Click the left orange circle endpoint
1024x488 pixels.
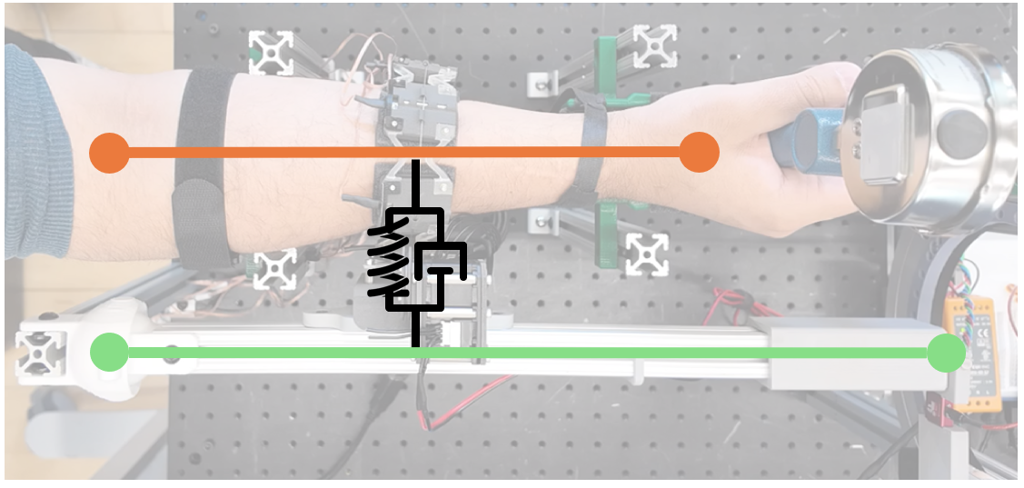click(x=110, y=152)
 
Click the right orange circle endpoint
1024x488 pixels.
click(x=699, y=152)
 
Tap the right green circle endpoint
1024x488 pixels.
click(x=947, y=353)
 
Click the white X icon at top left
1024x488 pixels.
click(x=271, y=52)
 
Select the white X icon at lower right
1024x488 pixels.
click(x=647, y=254)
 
